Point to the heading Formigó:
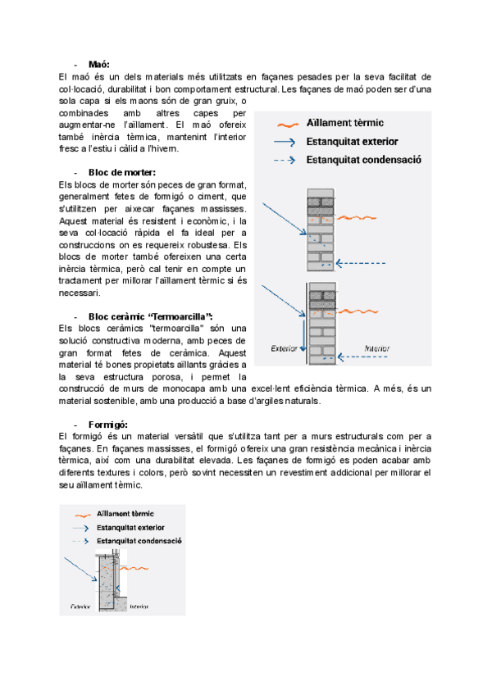(107, 424)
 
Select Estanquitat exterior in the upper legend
(353, 141)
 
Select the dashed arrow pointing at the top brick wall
(365, 263)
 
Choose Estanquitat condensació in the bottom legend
(139, 541)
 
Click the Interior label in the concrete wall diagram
(139, 606)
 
